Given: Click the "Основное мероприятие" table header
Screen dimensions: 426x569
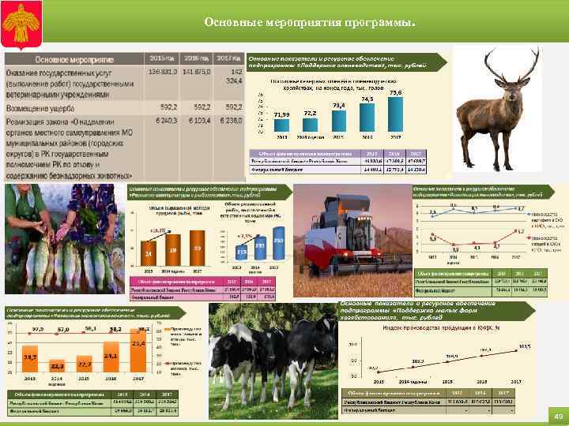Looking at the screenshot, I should tap(74, 60).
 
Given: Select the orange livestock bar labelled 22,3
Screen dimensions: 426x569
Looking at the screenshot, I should tap(58, 371).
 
